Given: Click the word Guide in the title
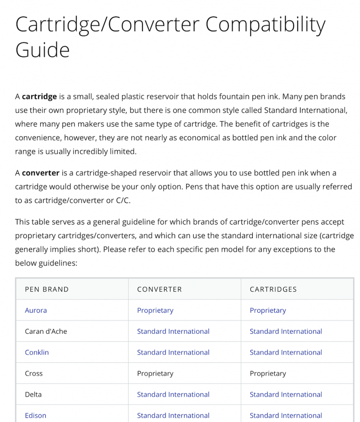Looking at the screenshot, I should (x=42, y=50).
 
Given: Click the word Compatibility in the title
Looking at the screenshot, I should (x=266, y=25).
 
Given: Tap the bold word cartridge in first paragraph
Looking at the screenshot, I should (x=39, y=97).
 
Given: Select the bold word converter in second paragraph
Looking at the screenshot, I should (x=40, y=173).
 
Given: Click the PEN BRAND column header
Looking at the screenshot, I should (x=47, y=289).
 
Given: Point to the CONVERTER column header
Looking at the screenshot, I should (x=159, y=289).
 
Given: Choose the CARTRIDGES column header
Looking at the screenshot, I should (x=273, y=289).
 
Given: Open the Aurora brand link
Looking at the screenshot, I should (x=36, y=310).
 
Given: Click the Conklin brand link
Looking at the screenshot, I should (x=37, y=352).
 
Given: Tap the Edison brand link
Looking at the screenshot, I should (x=35, y=415).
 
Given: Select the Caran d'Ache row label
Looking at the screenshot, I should (x=46, y=331).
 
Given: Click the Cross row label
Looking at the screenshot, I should (x=34, y=373).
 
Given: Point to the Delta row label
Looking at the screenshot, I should (x=33, y=394).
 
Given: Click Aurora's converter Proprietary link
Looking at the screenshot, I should (x=155, y=310).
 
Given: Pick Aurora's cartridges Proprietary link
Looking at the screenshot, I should (x=268, y=310).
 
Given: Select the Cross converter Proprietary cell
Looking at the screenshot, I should (x=155, y=373).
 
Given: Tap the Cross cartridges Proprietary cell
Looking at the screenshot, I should (x=268, y=373).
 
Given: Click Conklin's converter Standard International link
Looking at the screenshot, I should (x=173, y=352).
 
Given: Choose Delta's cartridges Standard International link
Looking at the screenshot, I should (x=286, y=394).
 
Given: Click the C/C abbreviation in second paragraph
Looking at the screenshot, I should (x=125, y=200).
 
